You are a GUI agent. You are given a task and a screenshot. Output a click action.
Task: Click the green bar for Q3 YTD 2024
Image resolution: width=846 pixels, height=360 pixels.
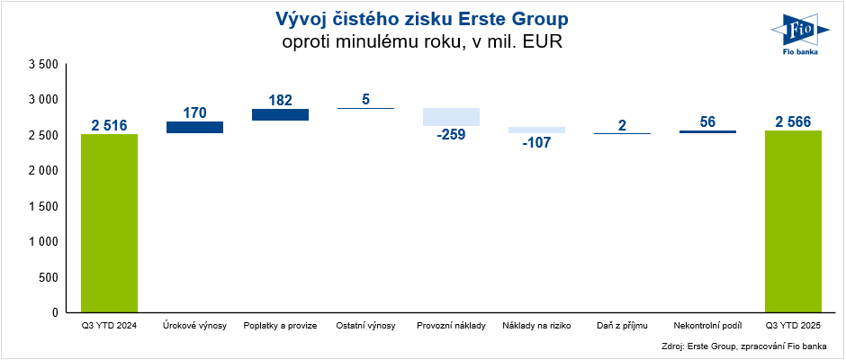coord(109,223)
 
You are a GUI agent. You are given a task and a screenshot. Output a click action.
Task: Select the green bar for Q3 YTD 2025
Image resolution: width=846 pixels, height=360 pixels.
coord(793,221)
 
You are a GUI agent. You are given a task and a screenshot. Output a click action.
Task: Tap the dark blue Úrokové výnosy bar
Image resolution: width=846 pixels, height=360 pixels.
coord(194,128)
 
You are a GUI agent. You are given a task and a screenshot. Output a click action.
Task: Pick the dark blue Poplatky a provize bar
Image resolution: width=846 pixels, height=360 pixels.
coord(280,114)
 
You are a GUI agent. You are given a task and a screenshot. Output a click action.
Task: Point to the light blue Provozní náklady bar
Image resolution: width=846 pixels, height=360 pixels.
coord(451,117)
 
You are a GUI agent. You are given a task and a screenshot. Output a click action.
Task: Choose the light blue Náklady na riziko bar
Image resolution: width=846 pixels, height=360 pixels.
coord(536,130)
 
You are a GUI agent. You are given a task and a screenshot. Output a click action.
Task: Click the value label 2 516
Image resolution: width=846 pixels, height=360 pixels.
coord(109,125)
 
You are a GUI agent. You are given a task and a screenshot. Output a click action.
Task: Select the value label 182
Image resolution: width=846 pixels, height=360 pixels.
coord(280,100)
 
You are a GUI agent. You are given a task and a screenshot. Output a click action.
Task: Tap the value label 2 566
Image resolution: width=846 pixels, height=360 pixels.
coord(793,121)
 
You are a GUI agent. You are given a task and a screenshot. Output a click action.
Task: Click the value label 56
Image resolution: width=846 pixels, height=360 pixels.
coord(707,121)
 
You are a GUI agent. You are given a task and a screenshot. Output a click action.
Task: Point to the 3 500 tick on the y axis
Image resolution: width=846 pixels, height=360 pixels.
coord(43,65)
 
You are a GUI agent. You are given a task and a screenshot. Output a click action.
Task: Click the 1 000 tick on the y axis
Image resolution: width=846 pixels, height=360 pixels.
coord(43,242)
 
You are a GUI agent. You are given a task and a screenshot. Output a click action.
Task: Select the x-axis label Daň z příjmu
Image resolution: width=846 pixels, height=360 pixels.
coord(622,325)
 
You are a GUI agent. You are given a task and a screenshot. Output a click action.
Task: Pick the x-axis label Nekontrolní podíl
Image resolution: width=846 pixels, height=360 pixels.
coord(707,325)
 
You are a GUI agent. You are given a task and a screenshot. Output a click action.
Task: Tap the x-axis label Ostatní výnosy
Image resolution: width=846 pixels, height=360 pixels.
coord(365,325)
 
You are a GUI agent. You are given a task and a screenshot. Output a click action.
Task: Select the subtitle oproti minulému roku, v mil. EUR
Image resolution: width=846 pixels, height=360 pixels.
coord(421,41)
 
